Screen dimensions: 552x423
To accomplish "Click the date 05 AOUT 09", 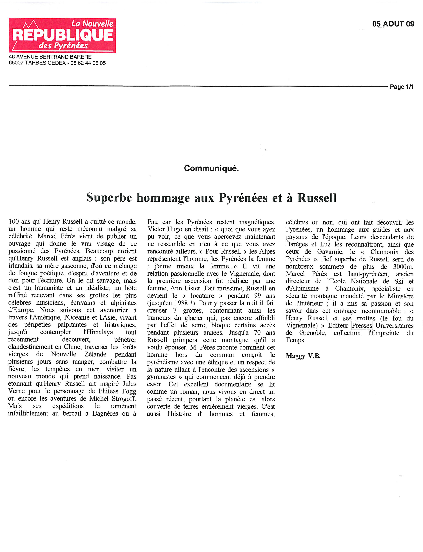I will click(x=393, y=24).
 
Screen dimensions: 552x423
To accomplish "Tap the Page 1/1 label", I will click(x=402, y=87).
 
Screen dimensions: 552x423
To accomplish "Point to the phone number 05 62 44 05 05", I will click(x=88, y=63).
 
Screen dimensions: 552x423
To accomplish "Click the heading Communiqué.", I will click(x=211, y=168).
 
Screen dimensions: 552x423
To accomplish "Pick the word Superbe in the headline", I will click(x=109, y=198).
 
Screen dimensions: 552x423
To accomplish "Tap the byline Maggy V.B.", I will click(x=303, y=356).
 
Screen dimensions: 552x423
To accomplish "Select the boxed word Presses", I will click(x=362, y=326).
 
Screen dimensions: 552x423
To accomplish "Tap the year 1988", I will click(x=181, y=303).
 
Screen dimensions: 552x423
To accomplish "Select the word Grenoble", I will click(x=312, y=333).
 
